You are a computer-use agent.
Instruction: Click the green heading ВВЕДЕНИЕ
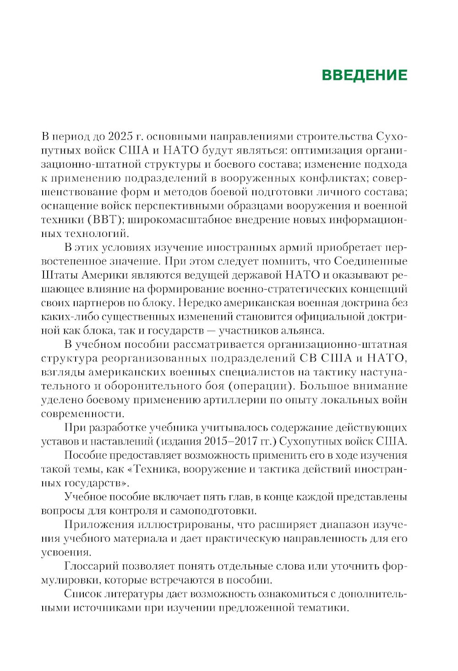pyautogui.click(x=365, y=75)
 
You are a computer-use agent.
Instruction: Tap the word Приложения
pyautogui.click(x=93, y=525)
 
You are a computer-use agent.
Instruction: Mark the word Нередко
pyautogui.click(x=197, y=302)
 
